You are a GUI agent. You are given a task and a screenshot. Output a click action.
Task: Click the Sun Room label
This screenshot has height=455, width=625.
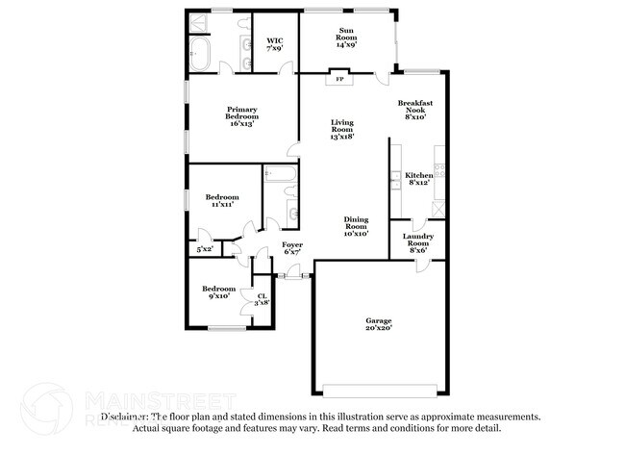(x=347, y=38)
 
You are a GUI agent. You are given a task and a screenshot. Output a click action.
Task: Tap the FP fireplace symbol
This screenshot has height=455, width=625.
(x=339, y=79)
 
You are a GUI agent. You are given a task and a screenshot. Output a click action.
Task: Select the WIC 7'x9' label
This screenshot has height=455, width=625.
(x=275, y=44)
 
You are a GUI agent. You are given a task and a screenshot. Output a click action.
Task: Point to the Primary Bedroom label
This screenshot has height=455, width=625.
(x=240, y=115)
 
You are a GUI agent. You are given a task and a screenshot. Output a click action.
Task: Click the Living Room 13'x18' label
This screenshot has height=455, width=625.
(x=343, y=129)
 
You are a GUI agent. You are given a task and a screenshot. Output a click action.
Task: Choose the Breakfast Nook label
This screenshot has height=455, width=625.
(x=415, y=109)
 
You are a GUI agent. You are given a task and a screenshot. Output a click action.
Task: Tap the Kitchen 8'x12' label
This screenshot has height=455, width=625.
(x=419, y=178)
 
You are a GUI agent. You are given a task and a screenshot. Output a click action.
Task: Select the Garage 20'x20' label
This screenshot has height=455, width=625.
(x=378, y=324)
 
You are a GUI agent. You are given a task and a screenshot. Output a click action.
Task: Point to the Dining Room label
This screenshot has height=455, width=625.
(x=356, y=226)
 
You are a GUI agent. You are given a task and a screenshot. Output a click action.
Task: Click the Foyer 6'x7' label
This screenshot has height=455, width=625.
(x=292, y=248)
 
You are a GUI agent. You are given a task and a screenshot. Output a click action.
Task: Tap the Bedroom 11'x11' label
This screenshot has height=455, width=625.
(x=225, y=200)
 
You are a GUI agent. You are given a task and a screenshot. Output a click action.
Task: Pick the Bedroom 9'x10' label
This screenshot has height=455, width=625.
(x=218, y=292)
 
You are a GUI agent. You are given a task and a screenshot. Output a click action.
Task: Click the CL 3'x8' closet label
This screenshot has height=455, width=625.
(x=262, y=299)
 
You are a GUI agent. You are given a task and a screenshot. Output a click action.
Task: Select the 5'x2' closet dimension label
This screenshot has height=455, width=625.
(x=204, y=249)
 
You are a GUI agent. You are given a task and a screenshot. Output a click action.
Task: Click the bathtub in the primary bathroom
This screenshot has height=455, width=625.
(x=203, y=53)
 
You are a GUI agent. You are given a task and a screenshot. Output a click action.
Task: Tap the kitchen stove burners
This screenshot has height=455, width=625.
(x=439, y=170)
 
